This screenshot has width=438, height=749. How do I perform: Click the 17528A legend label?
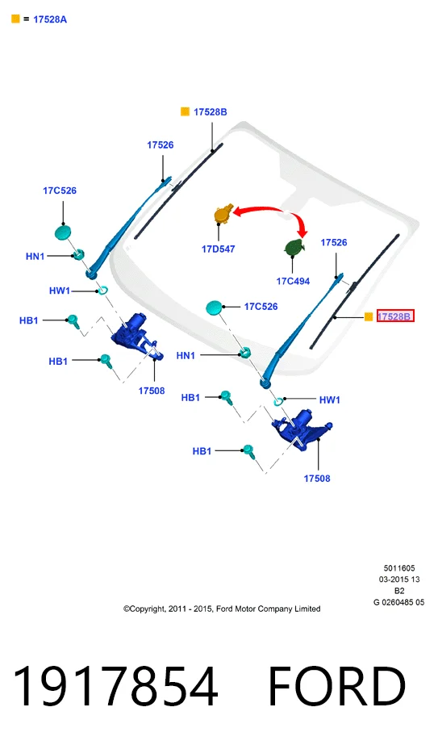coord(50,19)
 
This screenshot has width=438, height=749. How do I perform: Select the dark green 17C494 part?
coord(294,247)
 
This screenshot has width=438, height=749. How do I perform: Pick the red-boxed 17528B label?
coord(394,316)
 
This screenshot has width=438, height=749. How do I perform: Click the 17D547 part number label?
coord(219,249)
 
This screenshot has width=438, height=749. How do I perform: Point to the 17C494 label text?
coord(293,282)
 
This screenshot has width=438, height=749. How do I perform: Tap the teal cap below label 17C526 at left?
coord(63,233)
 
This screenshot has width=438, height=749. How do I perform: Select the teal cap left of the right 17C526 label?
coord(214,308)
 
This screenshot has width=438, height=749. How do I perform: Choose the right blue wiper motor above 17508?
coord(301,428)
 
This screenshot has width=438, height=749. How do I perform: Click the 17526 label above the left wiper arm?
coord(160,145)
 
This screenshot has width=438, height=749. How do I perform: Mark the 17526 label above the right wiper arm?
coord(334,243)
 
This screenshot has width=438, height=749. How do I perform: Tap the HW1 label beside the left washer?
coord(60,291)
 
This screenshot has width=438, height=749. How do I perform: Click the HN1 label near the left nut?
coord(35,257)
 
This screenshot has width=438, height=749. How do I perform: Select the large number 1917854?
coord(115,686)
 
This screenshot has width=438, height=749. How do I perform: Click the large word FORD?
coord(336,686)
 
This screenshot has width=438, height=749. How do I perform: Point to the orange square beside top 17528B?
coord(185,111)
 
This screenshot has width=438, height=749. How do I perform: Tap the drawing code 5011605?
coord(399,568)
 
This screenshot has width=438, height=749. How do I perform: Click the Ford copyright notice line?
coord(222,609)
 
